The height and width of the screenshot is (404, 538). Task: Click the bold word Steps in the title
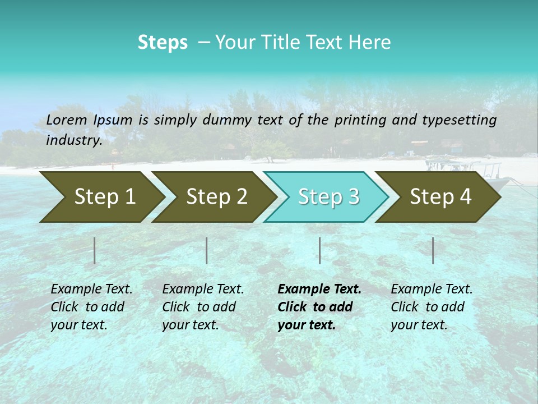point(163,43)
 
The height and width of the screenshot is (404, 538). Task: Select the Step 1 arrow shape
point(101,196)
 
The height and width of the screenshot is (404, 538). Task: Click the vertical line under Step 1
point(95,250)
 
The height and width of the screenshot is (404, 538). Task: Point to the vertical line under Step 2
point(207,250)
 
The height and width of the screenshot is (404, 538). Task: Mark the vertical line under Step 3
point(319,250)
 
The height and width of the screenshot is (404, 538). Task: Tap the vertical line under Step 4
point(433,250)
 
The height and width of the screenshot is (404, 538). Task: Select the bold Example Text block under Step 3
point(319,307)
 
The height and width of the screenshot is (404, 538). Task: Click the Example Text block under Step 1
point(91,307)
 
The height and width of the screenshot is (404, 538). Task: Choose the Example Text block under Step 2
point(203,307)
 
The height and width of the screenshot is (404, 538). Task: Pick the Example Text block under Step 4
point(432,307)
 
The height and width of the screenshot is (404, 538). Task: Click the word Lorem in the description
point(67,120)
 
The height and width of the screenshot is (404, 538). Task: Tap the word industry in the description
point(73,140)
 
